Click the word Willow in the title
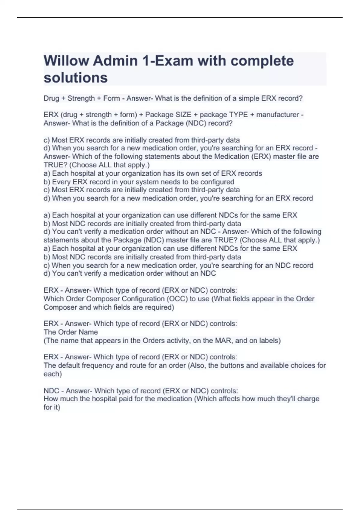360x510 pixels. pyautogui.click(x=66, y=61)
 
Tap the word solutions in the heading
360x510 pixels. pyautogui.click(x=76, y=78)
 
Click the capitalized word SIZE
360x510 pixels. pyautogui.click(x=183, y=115)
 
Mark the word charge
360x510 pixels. pyautogui.click(x=308, y=399)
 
